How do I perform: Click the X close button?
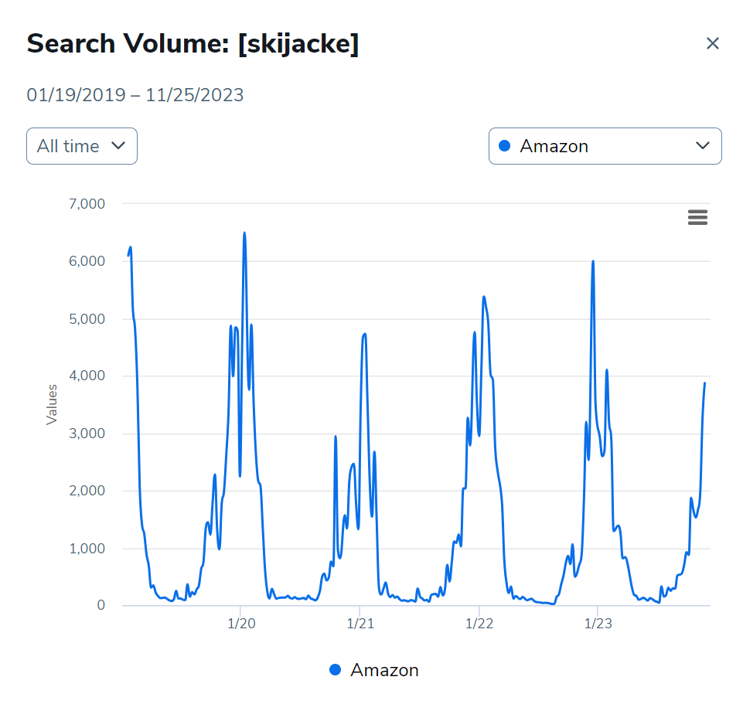712,44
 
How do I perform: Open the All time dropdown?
82,146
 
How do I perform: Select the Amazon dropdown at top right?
605,146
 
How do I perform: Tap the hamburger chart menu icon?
697,218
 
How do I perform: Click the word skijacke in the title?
298,44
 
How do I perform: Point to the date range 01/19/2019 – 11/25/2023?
135,95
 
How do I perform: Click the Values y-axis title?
52,404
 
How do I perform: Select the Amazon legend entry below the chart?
374,670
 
